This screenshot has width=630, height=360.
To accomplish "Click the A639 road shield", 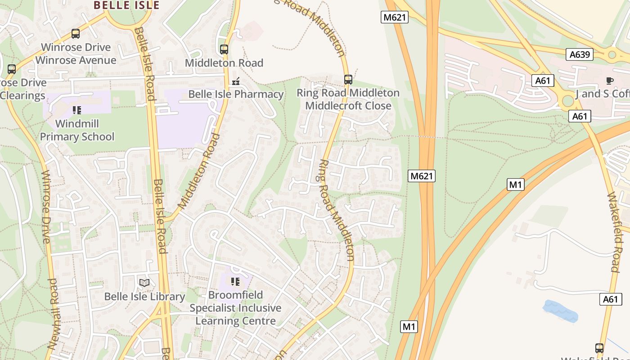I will click(x=579, y=54).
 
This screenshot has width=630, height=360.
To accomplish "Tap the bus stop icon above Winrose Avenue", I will click(x=76, y=34).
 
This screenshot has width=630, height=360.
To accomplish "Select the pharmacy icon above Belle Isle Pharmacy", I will click(x=235, y=82).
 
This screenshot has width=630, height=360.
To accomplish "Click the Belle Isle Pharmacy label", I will click(x=235, y=94).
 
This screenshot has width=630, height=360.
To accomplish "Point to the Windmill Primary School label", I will click(x=77, y=130).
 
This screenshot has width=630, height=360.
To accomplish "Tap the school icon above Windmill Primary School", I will click(x=76, y=110).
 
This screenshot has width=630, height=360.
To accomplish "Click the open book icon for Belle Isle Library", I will click(x=144, y=283).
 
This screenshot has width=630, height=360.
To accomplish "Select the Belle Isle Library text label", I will click(x=144, y=297).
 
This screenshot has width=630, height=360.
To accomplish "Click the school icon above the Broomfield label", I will click(x=235, y=282).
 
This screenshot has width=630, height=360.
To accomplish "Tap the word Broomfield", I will click(x=235, y=295).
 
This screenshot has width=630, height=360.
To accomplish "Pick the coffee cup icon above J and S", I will click(x=609, y=81).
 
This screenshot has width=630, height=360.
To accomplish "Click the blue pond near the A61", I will click(x=560, y=311).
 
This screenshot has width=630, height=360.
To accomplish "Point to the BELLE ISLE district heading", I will click(x=126, y=5).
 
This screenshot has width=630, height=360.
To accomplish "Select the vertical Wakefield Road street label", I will click(x=613, y=232).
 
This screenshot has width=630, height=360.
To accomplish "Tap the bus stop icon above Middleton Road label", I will click(x=224, y=49).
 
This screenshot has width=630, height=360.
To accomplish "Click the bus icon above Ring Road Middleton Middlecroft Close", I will click(x=348, y=80).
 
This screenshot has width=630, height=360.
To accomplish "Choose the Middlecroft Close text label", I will click(x=348, y=106).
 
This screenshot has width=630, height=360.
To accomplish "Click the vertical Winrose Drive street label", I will click(x=45, y=206).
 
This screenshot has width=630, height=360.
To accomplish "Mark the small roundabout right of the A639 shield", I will click(x=612, y=55).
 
